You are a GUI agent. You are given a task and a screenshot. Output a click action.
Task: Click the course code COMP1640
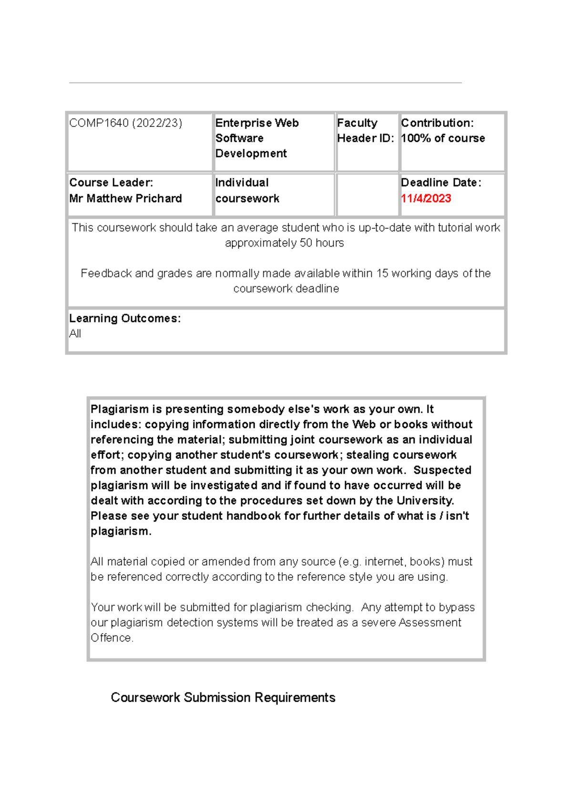[x=99, y=123]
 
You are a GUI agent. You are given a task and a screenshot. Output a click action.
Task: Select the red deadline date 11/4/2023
[x=426, y=198]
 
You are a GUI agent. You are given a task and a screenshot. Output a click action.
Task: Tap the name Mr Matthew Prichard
[x=125, y=198]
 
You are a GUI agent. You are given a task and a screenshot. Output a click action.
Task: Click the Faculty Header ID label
[x=365, y=131]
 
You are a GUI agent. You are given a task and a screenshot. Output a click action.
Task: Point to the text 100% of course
[x=443, y=138]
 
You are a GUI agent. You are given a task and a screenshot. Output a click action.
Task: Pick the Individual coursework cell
[x=247, y=190]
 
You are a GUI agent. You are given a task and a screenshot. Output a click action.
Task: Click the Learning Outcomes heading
[x=125, y=318]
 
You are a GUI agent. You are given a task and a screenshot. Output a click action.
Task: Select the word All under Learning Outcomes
[x=75, y=334]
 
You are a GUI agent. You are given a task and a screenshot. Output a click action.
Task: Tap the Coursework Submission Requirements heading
[x=223, y=697]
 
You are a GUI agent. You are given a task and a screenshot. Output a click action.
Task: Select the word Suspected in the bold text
[x=442, y=470]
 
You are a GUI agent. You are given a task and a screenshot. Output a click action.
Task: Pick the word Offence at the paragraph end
[x=112, y=638]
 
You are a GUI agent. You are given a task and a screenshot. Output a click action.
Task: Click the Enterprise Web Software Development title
[x=256, y=138]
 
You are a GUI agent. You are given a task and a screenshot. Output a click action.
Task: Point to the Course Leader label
[x=111, y=183]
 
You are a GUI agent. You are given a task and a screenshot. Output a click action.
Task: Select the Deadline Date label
[x=441, y=183]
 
